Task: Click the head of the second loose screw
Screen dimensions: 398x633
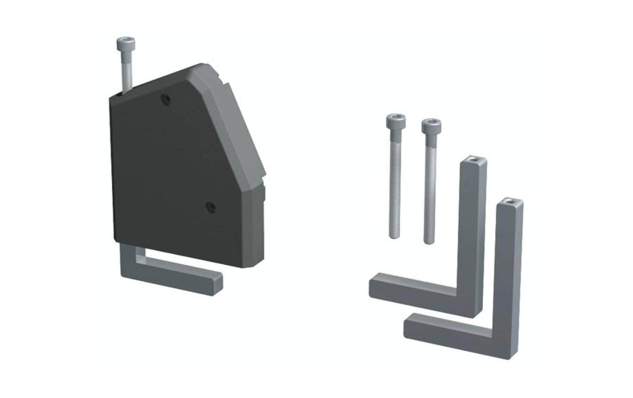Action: click(431, 125)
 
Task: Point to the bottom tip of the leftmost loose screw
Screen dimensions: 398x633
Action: click(394, 237)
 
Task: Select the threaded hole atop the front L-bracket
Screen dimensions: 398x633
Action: click(509, 201)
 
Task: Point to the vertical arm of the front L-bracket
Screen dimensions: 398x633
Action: click(509, 271)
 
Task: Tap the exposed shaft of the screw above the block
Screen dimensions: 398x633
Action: click(126, 73)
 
